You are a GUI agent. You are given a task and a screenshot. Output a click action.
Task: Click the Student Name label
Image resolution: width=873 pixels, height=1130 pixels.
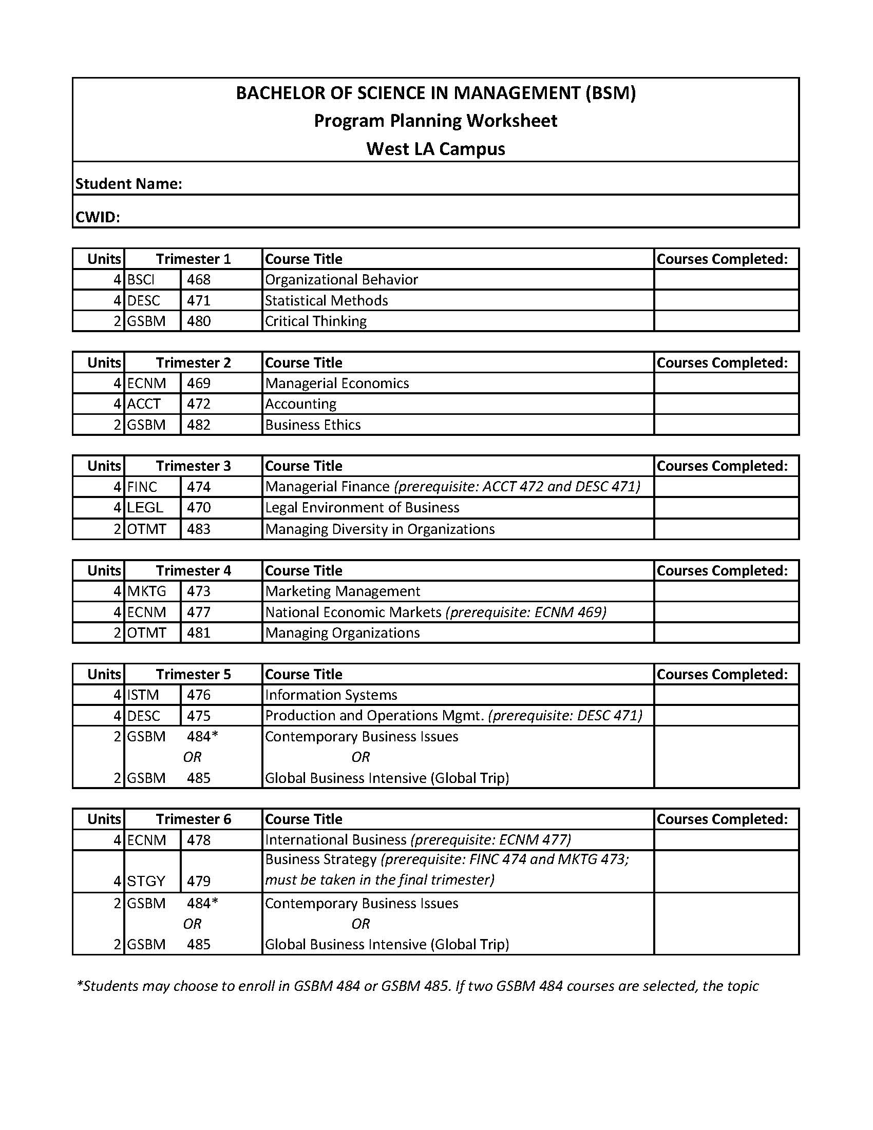(129, 184)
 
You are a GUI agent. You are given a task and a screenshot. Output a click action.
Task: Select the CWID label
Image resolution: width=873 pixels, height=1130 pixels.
(98, 217)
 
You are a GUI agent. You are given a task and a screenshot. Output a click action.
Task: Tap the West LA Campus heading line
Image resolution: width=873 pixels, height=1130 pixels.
(435, 149)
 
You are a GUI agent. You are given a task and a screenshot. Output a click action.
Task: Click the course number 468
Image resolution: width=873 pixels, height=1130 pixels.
(199, 280)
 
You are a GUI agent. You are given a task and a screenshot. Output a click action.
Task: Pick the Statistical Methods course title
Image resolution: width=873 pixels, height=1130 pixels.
(326, 301)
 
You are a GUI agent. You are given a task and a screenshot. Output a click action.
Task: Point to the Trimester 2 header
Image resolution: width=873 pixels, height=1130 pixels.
(194, 362)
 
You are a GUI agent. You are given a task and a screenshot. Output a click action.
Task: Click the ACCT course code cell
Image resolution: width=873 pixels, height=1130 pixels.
(144, 404)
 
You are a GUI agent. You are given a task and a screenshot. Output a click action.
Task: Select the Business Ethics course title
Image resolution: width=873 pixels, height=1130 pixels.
(313, 425)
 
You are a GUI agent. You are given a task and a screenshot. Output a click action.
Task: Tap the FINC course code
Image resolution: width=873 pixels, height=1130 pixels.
(142, 487)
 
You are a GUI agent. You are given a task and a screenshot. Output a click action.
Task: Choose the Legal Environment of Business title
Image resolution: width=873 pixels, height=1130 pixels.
(362, 508)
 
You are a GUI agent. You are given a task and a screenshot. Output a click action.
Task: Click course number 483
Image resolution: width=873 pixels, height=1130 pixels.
(199, 529)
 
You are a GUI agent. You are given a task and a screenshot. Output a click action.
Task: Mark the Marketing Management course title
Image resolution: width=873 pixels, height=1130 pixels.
(343, 591)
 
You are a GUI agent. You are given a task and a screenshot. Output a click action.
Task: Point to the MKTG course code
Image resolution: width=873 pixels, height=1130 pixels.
(146, 591)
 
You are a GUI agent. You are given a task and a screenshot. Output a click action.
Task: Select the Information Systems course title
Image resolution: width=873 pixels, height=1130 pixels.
(331, 695)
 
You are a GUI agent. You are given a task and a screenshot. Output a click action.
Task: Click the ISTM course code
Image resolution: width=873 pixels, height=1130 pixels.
(143, 695)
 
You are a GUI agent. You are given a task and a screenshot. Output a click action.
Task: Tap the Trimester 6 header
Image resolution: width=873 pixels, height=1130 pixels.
(194, 819)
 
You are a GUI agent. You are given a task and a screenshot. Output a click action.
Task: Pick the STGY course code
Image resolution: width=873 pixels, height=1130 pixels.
(146, 880)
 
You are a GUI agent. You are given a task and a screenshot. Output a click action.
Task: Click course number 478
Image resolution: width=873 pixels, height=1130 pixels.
(199, 840)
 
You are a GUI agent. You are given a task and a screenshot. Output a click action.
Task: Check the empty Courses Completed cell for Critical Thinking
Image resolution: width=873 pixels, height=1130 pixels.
(726, 321)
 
